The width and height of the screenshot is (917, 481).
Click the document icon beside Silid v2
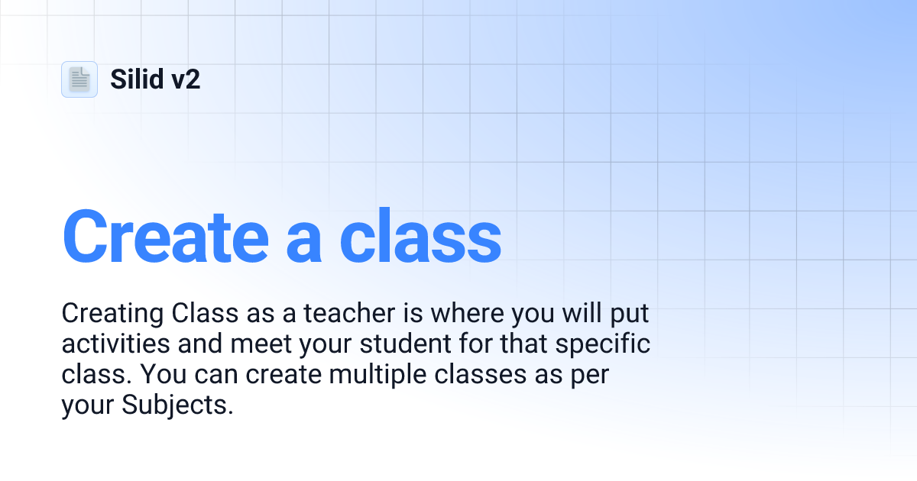click(x=79, y=79)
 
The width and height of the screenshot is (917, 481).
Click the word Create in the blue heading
click(x=164, y=234)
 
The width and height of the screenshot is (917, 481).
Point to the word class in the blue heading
click(x=420, y=234)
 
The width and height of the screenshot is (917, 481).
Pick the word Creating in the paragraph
click(x=112, y=314)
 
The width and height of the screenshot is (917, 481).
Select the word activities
click(x=116, y=344)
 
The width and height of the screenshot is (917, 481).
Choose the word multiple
click(x=361, y=375)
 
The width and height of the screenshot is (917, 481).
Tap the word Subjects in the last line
click(x=177, y=406)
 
